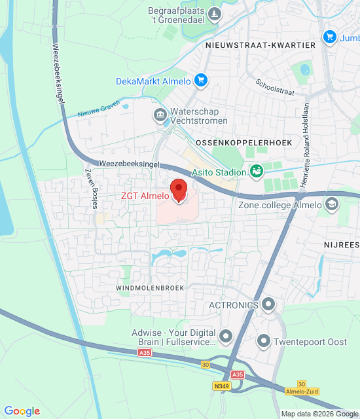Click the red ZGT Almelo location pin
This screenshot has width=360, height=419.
[x=178, y=190]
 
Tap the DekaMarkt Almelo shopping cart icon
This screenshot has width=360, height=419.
[x=201, y=81]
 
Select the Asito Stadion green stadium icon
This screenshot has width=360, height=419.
[x=257, y=172]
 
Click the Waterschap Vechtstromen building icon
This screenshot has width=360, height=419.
[x=160, y=116]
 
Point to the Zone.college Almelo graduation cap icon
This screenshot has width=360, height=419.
[x=333, y=205]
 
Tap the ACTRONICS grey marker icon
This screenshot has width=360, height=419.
[x=268, y=304]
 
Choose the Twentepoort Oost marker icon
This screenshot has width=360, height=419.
[x=264, y=341]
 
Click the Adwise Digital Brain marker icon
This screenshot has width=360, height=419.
[x=226, y=337]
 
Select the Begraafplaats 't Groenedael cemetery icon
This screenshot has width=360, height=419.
[x=214, y=14]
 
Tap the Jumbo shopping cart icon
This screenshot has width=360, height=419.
[x=330, y=37]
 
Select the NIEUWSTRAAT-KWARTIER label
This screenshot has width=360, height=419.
[x=261, y=45]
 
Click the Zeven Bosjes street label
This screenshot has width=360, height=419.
[x=91, y=189]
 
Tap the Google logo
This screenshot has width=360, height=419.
[x=22, y=411]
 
